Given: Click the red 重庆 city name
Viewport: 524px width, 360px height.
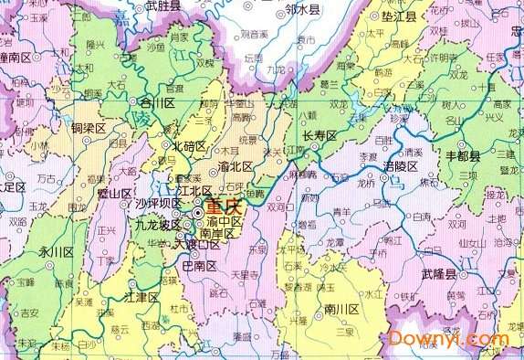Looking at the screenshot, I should pyautogui.click(x=224, y=207).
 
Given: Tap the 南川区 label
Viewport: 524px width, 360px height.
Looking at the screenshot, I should pyautogui.click(x=342, y=310).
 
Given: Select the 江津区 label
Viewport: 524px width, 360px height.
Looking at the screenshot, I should pyautogui.click(x=141, y=298).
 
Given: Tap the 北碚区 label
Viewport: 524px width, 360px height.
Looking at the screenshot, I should pyautogui.click(x=190, y=145).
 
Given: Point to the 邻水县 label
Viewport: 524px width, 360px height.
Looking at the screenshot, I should pyautogui.click(x=302, y=10).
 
